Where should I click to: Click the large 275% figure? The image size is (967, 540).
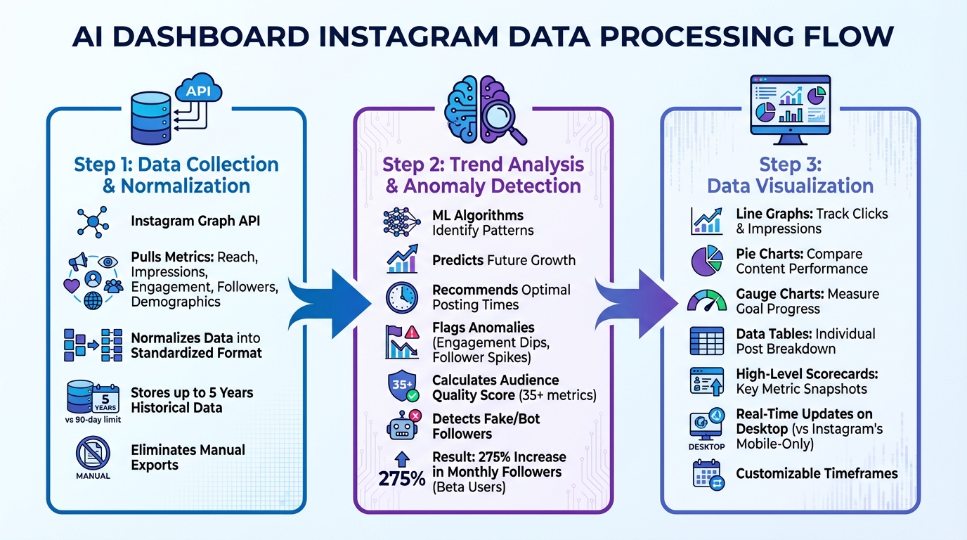click(401, 479)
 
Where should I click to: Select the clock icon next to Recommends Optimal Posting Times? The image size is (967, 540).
click(402, 297)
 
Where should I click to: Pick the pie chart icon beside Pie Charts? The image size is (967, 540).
click(707, 261)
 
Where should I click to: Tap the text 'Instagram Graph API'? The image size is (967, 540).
click(195, 221)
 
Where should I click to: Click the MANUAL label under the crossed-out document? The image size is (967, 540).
click(93, 476)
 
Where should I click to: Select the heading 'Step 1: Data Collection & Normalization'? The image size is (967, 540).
click(176, 175)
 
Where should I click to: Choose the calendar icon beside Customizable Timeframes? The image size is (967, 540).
click(707, 473)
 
